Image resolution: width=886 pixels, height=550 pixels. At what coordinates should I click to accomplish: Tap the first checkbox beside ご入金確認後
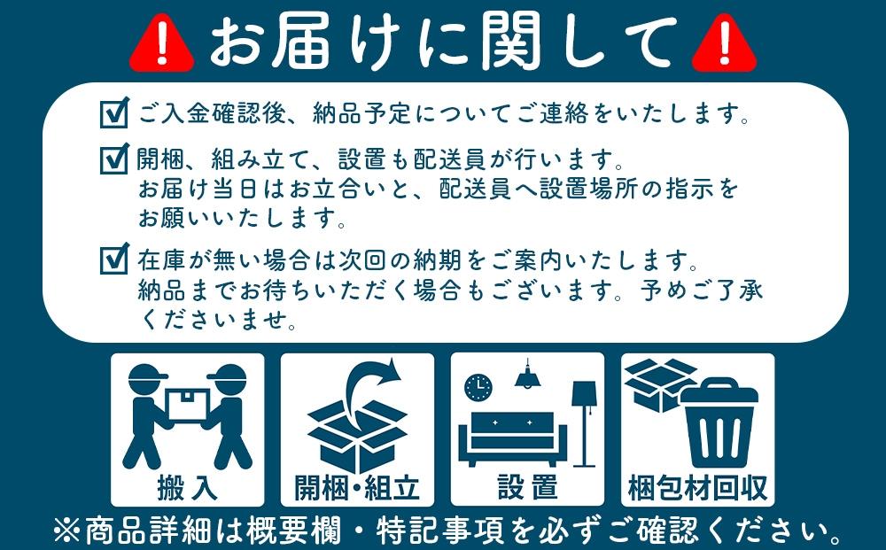[114, 115]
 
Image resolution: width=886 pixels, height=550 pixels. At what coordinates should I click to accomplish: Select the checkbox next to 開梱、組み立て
[114, 161]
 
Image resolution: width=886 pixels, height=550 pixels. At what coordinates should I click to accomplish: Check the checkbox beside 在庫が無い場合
[114, 260]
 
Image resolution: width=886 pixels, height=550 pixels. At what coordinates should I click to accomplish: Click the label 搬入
[187, 487]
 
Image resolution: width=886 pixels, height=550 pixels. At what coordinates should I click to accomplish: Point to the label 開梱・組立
[356, 487]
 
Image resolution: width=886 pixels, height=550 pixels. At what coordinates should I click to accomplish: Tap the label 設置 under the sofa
[527, 487]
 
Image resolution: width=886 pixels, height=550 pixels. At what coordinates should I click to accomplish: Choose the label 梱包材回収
[698, 487]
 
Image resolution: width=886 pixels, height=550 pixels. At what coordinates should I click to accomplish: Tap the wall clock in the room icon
[478, 386]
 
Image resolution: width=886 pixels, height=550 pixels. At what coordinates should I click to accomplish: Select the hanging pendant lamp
[530, 376]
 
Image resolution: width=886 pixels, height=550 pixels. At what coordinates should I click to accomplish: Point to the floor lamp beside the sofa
[585, 421]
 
